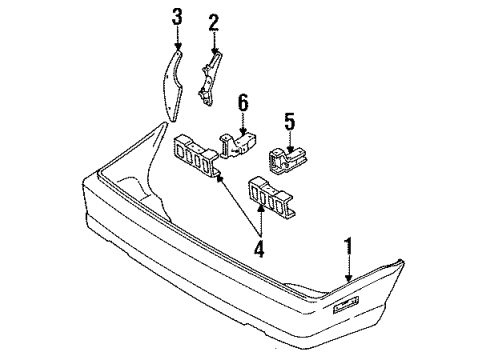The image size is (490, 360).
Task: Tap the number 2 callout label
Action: [x=213, y=21]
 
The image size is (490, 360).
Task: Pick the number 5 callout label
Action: [x=288, y=122]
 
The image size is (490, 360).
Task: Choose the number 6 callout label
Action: [x=242, y=101]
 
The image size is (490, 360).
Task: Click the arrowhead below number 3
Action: [x=177, y=48]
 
